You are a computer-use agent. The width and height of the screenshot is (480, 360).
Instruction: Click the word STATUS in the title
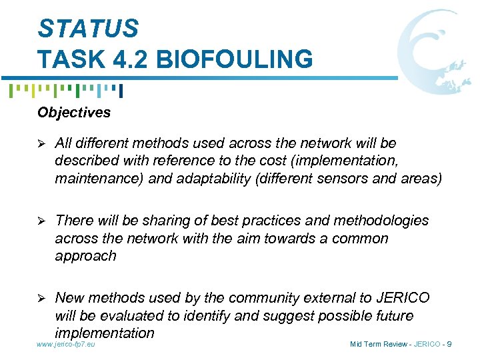tap(88, 28)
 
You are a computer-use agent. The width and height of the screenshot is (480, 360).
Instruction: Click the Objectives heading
tap(74, 112)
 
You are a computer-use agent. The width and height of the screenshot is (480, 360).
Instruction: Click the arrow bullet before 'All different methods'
tap(42, 143)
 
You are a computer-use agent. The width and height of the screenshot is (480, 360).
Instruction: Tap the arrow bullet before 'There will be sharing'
tap(42, 221)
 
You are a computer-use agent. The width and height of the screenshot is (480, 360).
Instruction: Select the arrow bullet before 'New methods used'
tap(42, 298)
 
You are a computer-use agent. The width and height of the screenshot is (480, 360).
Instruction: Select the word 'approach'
tap(85, 256)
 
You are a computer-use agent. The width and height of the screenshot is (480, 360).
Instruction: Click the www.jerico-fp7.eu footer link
tap(66, 344)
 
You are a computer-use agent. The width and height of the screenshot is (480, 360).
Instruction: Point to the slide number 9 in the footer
tap(449, 344)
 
